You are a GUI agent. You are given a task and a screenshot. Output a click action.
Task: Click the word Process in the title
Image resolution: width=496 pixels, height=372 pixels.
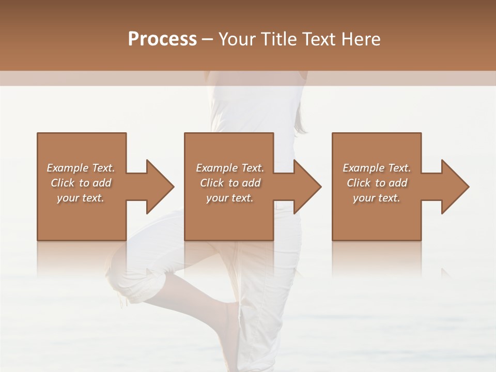(x=162, y=39)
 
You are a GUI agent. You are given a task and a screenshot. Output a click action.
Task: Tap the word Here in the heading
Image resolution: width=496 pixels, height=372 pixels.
(x=361, y=39)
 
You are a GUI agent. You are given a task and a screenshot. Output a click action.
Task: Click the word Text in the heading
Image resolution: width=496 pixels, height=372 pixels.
(x=320, y=39)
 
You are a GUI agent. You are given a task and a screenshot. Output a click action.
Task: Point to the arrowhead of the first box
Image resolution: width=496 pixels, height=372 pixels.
(x=160, y=187)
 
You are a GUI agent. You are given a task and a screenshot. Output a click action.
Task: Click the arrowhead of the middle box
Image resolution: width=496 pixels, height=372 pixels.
(x=307, y=187)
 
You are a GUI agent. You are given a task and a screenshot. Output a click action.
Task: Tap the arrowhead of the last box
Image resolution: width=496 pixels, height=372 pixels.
(x=455, y=187)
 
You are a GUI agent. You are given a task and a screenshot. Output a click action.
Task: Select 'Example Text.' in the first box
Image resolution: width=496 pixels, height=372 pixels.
(x=81, y=168)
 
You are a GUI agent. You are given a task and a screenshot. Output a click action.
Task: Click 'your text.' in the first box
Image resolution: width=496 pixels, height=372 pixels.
(x=81, y=198)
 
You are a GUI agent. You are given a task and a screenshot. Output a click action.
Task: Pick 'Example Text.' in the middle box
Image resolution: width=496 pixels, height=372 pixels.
(x=230, y=168)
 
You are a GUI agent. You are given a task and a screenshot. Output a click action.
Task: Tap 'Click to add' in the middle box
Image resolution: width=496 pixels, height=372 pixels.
(x=230, y=183)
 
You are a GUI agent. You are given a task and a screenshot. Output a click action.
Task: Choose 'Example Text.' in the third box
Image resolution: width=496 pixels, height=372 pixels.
(x=377, y=168)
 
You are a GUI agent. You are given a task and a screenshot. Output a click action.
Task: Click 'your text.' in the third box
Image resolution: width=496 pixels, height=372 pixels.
(x=377, y=198)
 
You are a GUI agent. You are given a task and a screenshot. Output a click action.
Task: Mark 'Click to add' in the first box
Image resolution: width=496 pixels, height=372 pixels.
(x=81, y=183)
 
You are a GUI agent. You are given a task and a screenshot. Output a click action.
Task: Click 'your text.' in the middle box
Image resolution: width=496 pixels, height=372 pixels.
(x=230, y=198)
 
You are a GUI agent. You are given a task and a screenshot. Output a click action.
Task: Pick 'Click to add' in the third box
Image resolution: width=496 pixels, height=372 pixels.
(x=377, y=183)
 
